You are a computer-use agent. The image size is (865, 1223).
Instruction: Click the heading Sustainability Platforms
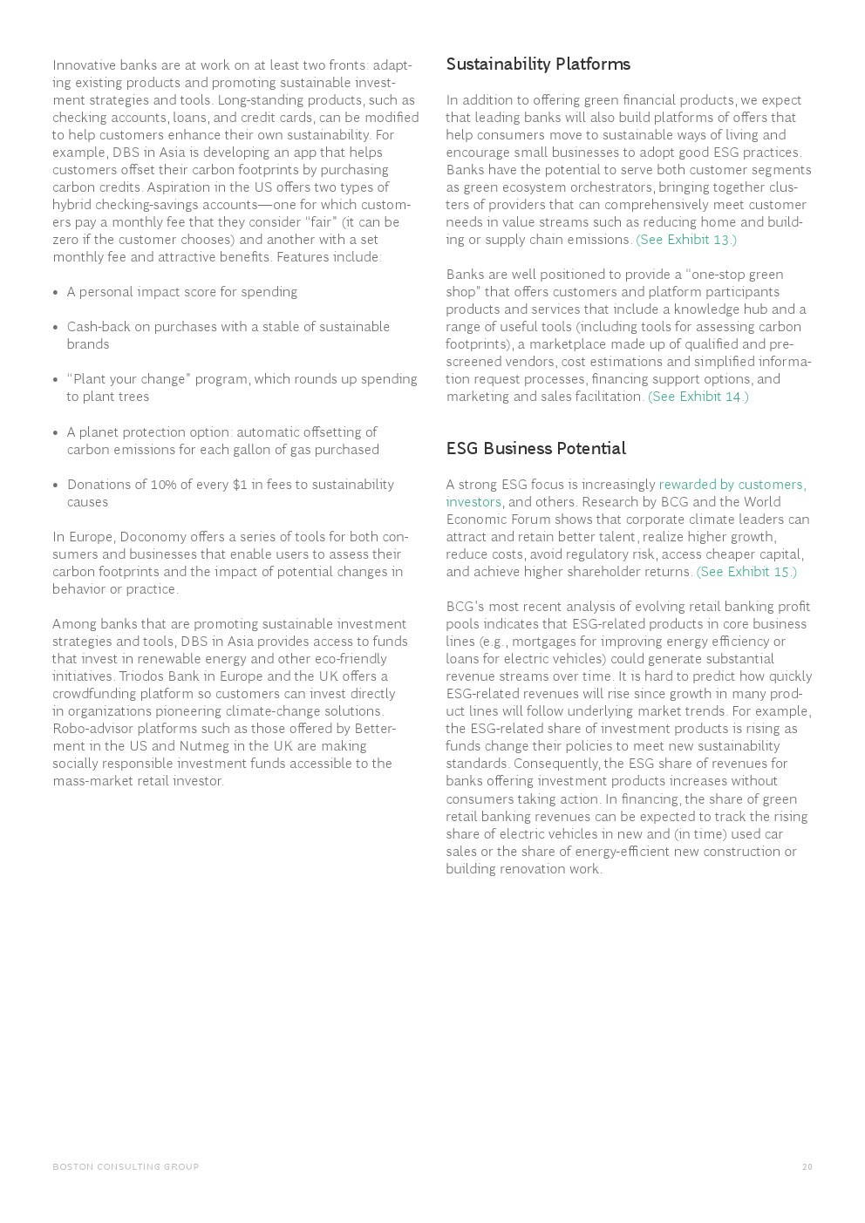click(537, 65)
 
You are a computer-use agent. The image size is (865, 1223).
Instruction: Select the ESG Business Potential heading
click(535, 448)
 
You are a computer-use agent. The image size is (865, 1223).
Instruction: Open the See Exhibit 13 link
click(686, 240)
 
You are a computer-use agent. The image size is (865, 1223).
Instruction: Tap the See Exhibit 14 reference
click(698, 397)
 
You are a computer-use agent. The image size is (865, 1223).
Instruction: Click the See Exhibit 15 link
click(746, 572)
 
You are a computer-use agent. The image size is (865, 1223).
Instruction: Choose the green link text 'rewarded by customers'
click(732, 485)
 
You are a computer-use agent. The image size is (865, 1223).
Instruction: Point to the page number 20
click(807, 1166)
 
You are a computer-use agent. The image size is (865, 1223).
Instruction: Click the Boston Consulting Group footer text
click(126, 1166)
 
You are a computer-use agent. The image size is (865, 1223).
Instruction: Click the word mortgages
click(543, 642)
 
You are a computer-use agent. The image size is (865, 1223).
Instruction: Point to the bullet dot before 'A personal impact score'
click(56, 293)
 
